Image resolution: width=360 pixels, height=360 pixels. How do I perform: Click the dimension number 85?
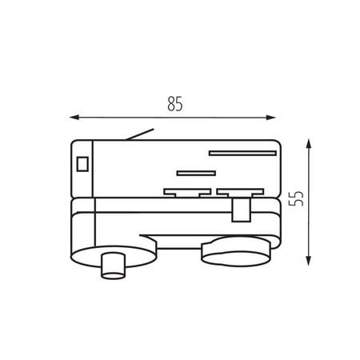(x=175, y=104)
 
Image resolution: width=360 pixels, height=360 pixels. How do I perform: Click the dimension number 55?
(x=297, y=199)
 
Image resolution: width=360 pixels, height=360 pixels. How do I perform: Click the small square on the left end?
(x=82, y=166)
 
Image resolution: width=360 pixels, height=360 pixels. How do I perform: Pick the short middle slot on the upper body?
(x=197, y=172)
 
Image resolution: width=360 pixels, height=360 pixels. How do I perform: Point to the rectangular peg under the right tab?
(x=238, y=210)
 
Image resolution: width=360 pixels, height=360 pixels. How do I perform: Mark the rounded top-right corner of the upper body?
(x=276, y=146)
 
